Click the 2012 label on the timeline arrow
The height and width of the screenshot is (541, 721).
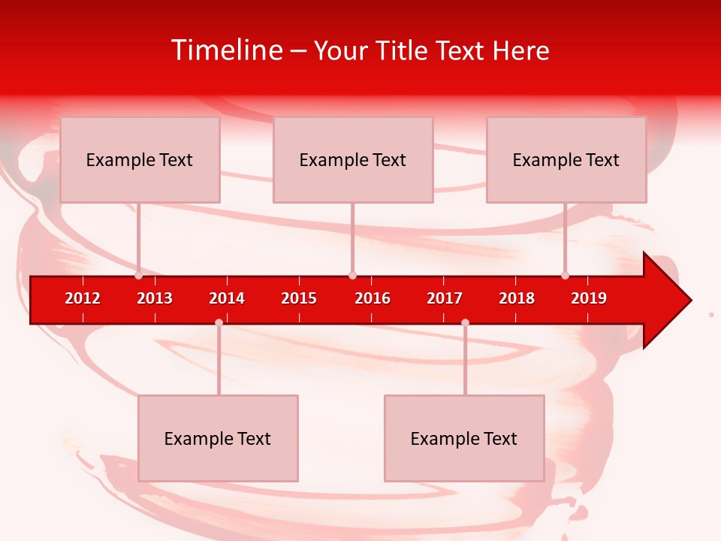tap(83, 298)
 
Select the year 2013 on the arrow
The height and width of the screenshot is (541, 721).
tap(155, 298)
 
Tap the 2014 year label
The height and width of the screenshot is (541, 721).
tap(227, 298)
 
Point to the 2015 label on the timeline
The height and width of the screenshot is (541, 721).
tap(299, 298)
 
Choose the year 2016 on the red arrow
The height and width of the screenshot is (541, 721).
tap(373, 298)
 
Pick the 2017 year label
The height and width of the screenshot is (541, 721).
tap(445, 298)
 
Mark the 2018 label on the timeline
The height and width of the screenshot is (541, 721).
tap(517, 298)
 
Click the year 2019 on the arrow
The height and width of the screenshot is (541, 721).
tap(589, 298)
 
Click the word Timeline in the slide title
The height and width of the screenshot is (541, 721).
tap(227, 50)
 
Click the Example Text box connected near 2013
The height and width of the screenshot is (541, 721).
tap(140, 159)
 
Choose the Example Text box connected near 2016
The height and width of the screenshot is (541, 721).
tap(353, 159)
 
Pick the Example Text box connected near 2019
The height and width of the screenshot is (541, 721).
tap(566, 159)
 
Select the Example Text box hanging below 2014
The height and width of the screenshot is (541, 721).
tap(218, 438)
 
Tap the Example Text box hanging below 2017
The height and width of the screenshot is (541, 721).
tap(464, 438)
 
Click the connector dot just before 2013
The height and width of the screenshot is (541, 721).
tap(139, 275)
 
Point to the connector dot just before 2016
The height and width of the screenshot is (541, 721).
tap(352, 275)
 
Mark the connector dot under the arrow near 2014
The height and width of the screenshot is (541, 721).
tap(219, 322)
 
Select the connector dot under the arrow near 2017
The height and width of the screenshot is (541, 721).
tap(465, 322)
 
